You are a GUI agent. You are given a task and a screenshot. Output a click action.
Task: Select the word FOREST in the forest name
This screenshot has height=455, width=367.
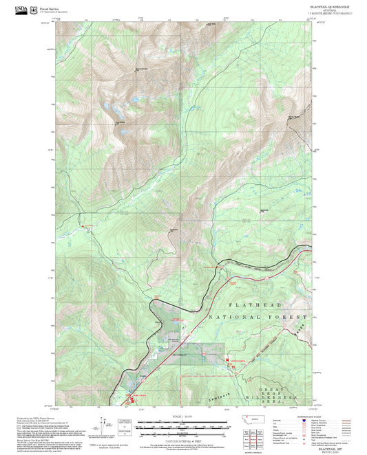[x=287, y=318]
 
